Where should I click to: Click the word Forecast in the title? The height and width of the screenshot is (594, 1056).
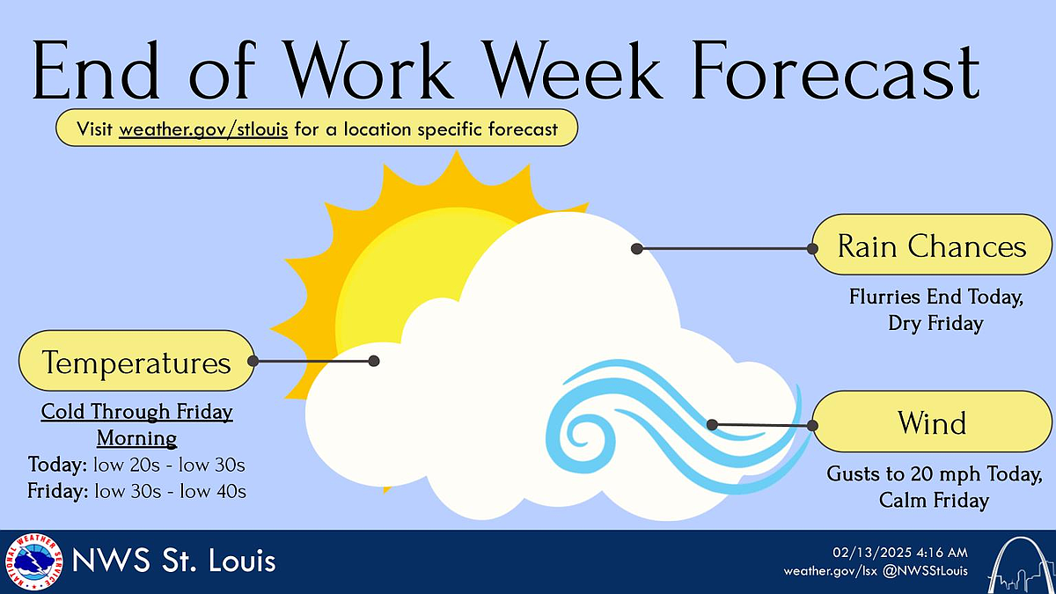[x=835, y=70]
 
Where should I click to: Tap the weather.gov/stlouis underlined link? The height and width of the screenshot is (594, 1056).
[x=203, y=129]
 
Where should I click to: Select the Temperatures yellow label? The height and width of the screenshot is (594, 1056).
[x=136, y=361]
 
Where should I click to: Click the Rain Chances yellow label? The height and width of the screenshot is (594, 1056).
[x=932, y=245]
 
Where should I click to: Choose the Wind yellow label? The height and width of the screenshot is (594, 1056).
[x=932, y=422]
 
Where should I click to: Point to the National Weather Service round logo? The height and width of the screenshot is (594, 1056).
[x=34, y=561]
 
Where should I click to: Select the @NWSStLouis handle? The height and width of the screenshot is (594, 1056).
[x=925, y=571]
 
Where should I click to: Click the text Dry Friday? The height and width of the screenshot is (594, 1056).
[x=935, y=324]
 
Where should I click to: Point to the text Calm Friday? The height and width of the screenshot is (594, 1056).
[x=934, y=500]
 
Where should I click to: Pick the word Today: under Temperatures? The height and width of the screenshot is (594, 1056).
[x=57, y=465]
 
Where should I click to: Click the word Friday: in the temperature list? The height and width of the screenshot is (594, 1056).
[x=57, y=491]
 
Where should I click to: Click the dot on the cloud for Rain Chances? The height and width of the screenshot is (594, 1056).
[x=637, y=249]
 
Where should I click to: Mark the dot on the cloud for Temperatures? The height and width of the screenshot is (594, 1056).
[x=374, y=361]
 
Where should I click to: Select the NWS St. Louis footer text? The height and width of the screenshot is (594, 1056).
[x=173, y=561]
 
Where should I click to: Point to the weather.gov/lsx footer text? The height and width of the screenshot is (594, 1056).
[x=830, y=571]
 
